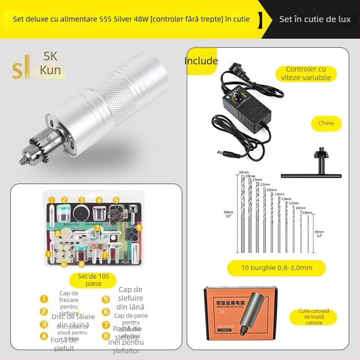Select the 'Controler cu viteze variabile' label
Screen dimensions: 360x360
point(306,73)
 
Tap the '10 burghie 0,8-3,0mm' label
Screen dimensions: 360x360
point(276,268)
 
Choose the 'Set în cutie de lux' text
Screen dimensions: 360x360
point(315,19)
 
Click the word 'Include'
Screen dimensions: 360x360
point(201,61)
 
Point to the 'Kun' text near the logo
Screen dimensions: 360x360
point(50,70)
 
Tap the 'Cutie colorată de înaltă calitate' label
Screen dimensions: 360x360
point(314,317)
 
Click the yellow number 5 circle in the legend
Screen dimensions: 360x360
point(106,299)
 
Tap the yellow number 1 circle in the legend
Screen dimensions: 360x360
point(44,298)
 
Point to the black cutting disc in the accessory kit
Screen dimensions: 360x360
point(81,213)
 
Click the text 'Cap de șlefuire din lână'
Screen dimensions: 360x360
point(130,298)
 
